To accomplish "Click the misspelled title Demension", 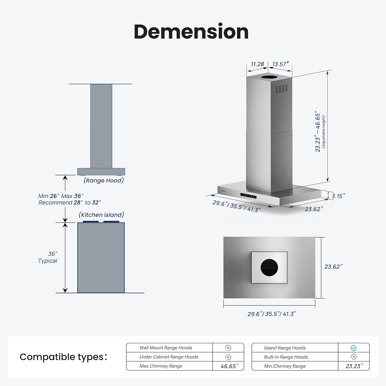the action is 191,32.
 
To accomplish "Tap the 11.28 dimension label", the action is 257,64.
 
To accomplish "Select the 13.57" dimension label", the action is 280,64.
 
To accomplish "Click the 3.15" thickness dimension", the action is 338,196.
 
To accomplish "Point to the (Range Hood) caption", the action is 104,180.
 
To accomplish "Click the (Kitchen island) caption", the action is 101,215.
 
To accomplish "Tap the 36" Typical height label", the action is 48,257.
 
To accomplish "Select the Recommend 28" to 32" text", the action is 69,203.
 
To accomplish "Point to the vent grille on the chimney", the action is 281,89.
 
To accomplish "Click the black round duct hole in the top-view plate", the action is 269,268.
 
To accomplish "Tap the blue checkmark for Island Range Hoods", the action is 354,348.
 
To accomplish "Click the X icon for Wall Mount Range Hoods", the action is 228,348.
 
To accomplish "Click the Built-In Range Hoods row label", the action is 286,357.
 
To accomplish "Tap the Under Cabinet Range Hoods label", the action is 169,357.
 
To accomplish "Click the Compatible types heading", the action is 63,357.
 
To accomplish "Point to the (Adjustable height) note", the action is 323,131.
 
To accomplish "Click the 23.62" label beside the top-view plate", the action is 334,267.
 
